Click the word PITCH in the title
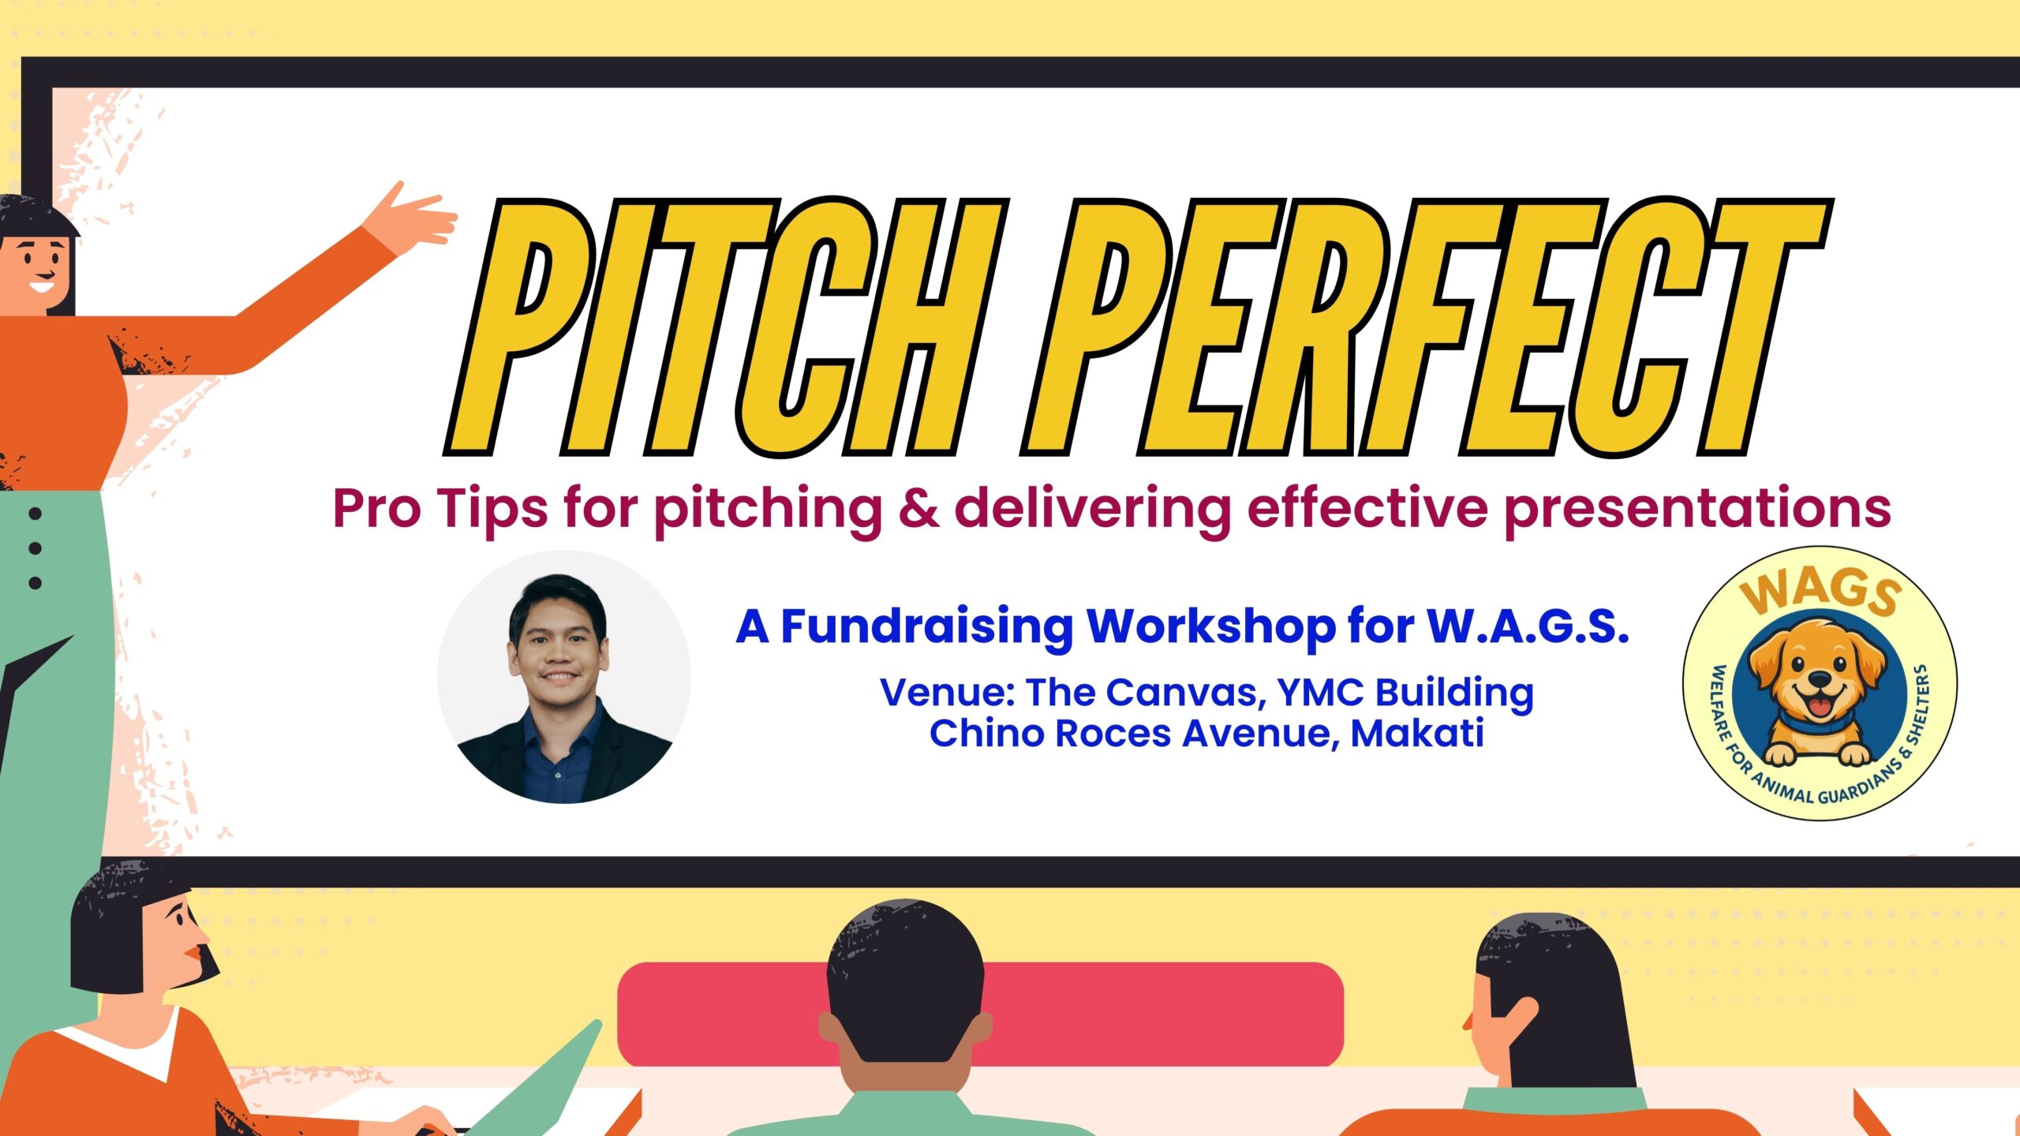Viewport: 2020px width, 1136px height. point(726,327)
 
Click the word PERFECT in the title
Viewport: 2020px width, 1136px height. point(1424,327)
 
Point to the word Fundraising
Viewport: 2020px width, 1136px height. point(926,628)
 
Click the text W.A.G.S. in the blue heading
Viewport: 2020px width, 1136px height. point(1528,626)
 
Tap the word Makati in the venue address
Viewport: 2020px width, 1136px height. point(1417,733)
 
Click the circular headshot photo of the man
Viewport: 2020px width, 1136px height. point(564,677)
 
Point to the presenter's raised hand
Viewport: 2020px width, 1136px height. point(414,217)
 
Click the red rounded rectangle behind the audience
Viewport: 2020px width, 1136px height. point(980,1015)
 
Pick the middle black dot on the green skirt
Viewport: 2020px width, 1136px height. point(35,547)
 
